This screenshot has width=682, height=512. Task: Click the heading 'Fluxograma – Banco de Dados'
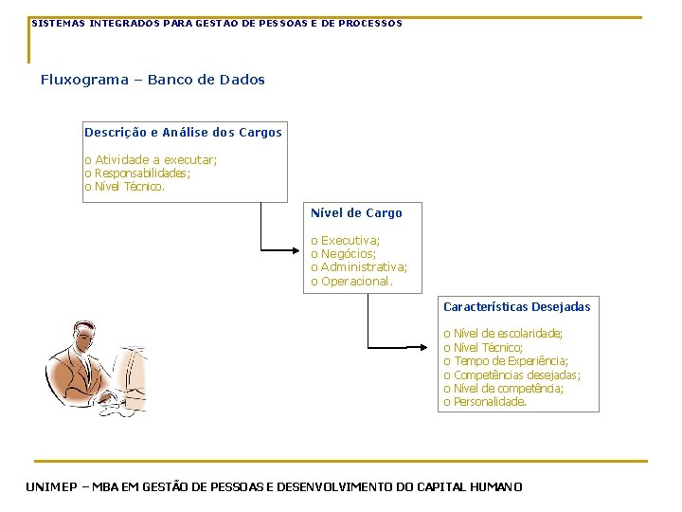tap(153, 80)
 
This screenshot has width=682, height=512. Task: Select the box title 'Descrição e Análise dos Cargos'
tap(183, 133)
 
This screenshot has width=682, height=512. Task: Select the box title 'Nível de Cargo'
tap(356, 213)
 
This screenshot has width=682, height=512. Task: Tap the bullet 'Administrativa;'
tap(364, 267)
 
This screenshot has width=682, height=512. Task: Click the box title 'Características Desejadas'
tap(516, 307)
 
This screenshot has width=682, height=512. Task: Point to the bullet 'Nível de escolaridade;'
tap(508, 334)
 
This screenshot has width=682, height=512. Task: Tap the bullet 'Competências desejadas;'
tap(516, 375)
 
